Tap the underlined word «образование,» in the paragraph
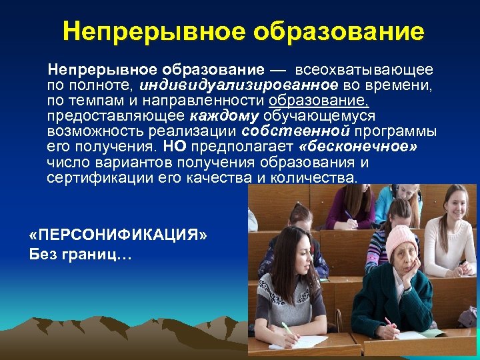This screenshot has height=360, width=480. pyautogui.click(x=319, y=100)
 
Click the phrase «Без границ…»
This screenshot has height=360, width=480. pyautogui.click(x=81, y=254)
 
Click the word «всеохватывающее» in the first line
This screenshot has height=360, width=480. pyautogui.click(x=365, y=69)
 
